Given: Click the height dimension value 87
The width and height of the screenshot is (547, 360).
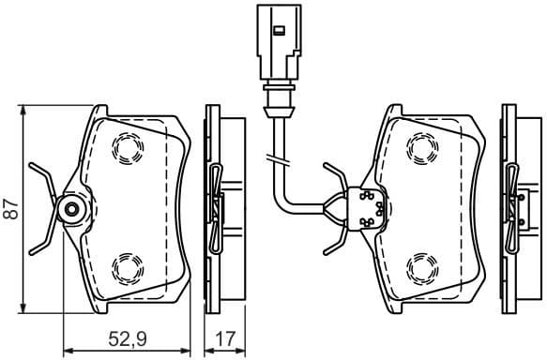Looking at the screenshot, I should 10,209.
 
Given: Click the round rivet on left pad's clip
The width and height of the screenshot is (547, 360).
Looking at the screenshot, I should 68,210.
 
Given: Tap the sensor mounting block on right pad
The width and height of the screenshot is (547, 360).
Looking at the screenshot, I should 366,209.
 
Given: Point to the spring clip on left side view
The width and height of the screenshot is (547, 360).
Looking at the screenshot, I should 215,208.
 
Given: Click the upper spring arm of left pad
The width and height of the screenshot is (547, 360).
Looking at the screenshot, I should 41,176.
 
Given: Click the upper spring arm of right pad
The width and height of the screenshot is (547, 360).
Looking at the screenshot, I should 334,176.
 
